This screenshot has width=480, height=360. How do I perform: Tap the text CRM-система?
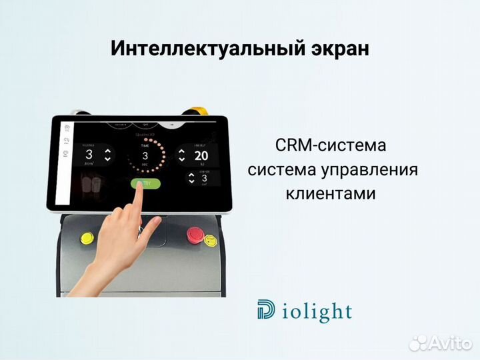[330, 145]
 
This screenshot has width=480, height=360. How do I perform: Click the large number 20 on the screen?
[201, 156]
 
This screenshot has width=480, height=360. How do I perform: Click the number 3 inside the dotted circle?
[145, 155]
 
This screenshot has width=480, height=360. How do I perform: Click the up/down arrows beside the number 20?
[181, 156]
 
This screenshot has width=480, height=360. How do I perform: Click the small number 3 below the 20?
[204, 178]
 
